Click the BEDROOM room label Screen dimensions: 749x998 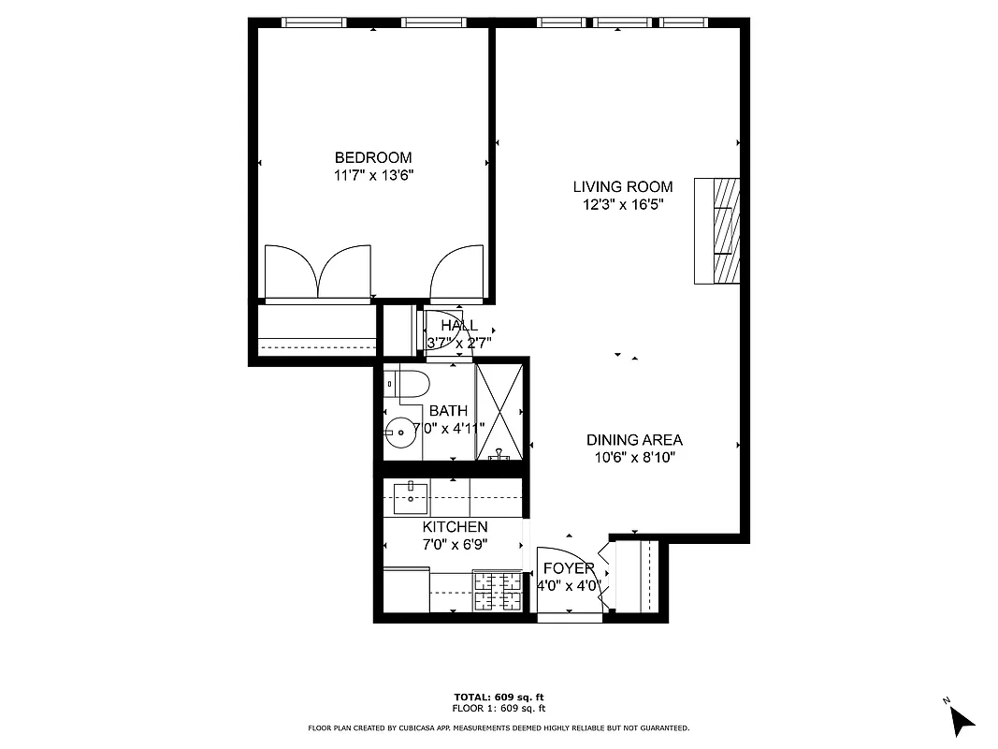tap(373, 157)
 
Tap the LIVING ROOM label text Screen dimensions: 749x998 tap(623, 187)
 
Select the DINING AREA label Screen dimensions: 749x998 tap(634, 440)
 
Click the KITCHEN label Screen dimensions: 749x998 tap(454, 527)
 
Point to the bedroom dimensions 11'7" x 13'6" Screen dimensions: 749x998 tap(373, 174)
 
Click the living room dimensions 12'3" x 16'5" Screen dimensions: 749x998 tap(623, 204)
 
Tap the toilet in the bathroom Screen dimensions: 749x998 tap(410, 383)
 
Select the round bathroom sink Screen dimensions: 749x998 tap(401, 433)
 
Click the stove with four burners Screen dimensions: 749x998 tap(498, 590)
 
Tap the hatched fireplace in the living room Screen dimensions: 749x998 tap(718, 230)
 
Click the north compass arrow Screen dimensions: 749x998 tap(961, 719)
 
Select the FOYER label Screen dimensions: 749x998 tap(569, 568)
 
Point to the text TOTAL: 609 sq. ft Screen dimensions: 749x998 tap(499, 698)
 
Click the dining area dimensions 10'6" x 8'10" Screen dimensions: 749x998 tap(634, 458)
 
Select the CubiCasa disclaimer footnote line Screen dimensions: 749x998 tap(499, 727)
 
